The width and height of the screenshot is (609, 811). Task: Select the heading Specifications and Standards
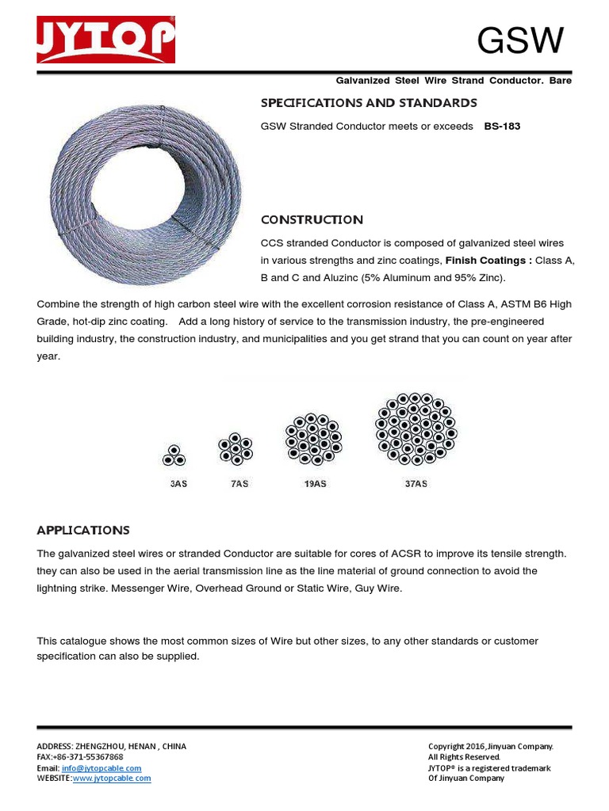coord(369,103)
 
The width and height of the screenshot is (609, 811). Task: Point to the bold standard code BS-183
coord(502,127)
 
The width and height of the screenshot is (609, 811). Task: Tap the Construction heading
coord(312,219)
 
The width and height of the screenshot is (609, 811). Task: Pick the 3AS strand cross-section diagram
coord(174,455)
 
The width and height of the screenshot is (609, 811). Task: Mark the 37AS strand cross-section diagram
coord(416,428)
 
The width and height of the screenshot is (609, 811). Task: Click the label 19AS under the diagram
coord(314,483)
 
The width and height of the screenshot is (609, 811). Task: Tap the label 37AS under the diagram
coord(416,483)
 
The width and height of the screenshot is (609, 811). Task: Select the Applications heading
coord(83,530)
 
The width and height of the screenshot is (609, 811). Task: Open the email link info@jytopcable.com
coord(101,768)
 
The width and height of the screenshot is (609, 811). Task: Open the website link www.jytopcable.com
coord(111,779)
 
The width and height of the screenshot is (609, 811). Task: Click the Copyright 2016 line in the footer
coord(490,746)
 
